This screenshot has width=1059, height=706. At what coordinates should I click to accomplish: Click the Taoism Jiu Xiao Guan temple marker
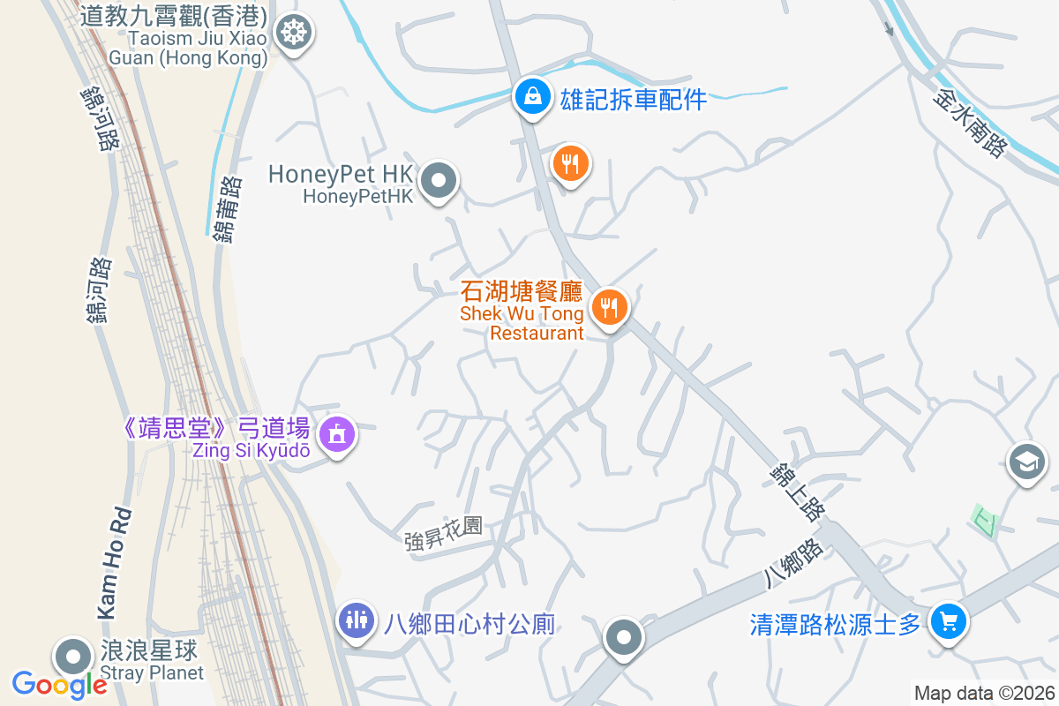click(291, 34)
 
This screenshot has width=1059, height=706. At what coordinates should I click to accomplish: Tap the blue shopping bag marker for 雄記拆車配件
click(533, 96)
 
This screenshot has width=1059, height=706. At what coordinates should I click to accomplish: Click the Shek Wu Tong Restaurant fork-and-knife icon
click(609, 308)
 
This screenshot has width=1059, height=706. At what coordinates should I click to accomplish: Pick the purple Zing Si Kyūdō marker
click(336, 434)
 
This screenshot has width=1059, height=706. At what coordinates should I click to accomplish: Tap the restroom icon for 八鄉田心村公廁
click(357, 620)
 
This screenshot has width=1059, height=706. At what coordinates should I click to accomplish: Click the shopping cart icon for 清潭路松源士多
click(949, 622)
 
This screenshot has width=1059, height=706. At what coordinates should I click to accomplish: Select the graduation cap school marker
click(1026, 462)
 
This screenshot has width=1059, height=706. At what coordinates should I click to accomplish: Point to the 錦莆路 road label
click(226, 208)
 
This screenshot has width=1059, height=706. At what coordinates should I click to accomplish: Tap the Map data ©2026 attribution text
click(983, 693)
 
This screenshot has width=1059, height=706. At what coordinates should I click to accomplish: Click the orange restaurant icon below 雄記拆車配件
click(571, 163)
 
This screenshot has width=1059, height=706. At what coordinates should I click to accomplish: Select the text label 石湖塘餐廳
click(522, 292)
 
